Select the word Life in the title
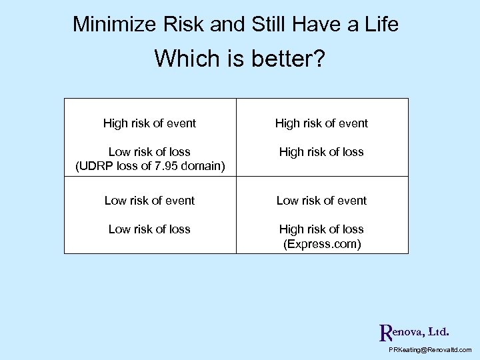[x=381, y=25]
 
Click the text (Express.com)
[x=322, y=243]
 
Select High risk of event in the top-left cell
[x=149, y=123]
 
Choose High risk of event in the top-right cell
[x=321, y=123]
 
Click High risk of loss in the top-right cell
[x=321, y=151]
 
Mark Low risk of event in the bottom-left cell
[x=149, y=200]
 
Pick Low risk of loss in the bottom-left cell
[x=149, y=229]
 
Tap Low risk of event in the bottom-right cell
[x=321, y=200]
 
